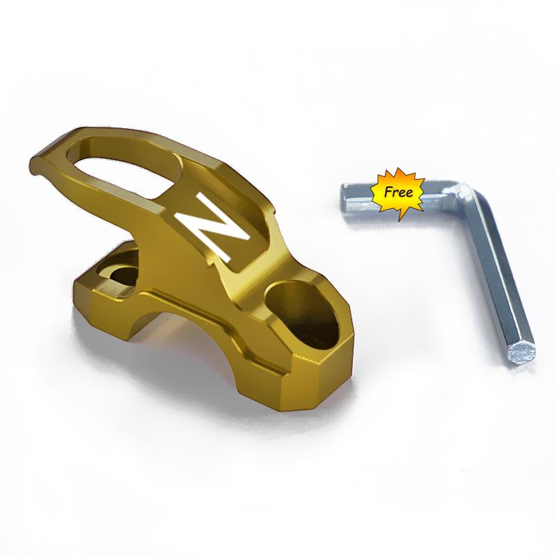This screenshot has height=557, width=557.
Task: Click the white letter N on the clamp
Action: pos(212,228)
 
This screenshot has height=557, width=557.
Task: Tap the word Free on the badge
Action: pos(398,192)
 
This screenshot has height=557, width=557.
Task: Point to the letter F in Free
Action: pos(388,192)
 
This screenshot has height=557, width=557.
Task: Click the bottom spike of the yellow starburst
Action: pos(399,217)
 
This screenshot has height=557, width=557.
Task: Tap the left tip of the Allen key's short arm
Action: pos(344,198)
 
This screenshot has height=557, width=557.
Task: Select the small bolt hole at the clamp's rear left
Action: pos(120,275)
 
